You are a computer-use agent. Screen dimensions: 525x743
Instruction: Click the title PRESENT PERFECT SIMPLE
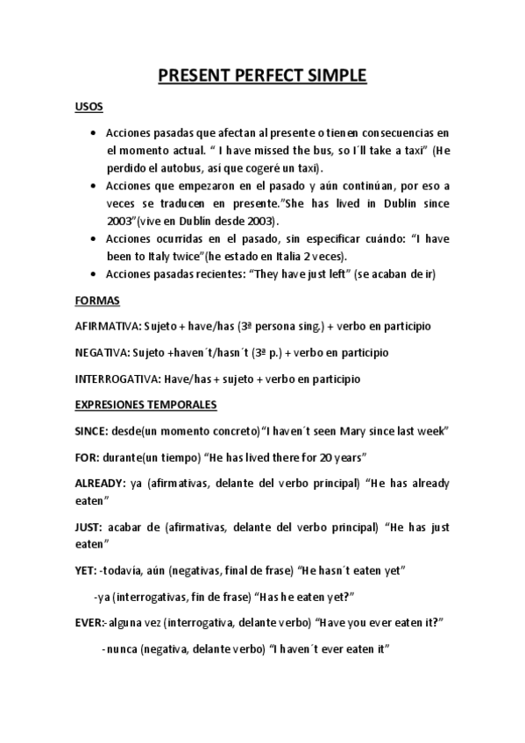262,76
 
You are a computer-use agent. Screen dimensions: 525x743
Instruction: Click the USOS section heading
89,107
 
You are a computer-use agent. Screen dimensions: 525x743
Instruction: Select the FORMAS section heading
96,300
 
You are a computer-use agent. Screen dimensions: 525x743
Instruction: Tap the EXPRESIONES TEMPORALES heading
146,406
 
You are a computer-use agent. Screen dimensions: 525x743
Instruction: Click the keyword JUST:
89,527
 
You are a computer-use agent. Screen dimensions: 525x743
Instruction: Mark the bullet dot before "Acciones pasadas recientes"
95,274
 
